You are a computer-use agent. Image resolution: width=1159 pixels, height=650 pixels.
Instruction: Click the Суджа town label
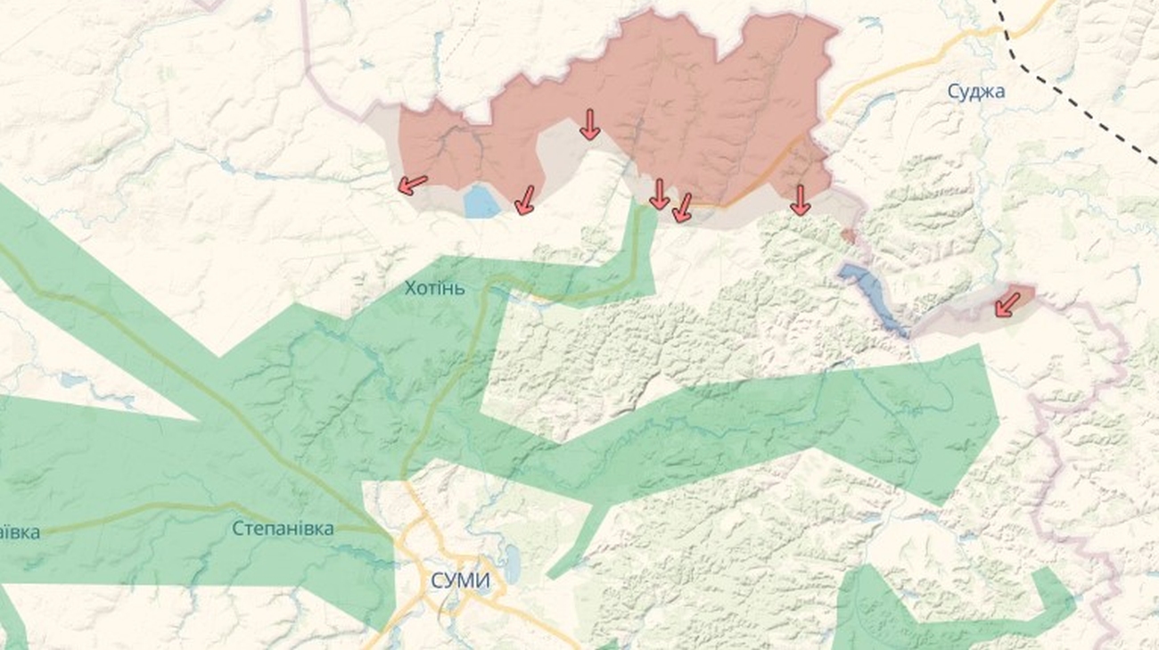coord(976,91)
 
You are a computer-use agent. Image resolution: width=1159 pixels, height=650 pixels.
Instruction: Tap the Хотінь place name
coord(434,288)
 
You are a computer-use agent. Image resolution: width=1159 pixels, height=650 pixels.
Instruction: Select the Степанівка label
coord(283,529)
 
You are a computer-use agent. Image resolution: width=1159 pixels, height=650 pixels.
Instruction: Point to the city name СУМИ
coord(460,581)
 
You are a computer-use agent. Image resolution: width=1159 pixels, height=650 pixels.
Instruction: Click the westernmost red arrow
coord(411,185)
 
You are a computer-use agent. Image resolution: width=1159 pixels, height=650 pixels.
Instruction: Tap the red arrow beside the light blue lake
coord(525,200)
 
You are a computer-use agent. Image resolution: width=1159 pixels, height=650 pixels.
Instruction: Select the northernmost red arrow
coord(589,124)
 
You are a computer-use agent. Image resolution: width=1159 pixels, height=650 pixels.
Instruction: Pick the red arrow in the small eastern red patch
coord(1007,304)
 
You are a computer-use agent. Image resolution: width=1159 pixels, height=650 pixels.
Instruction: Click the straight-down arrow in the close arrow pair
coord(659,193)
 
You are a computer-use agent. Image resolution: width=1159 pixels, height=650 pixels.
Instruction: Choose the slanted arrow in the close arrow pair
coord(682,207)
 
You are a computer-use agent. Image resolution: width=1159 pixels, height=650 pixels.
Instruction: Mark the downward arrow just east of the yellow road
coord(800,200)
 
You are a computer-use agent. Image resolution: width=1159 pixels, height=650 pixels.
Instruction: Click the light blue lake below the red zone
coord(482,202)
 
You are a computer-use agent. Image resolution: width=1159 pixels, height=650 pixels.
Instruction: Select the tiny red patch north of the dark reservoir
coord(849,236)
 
